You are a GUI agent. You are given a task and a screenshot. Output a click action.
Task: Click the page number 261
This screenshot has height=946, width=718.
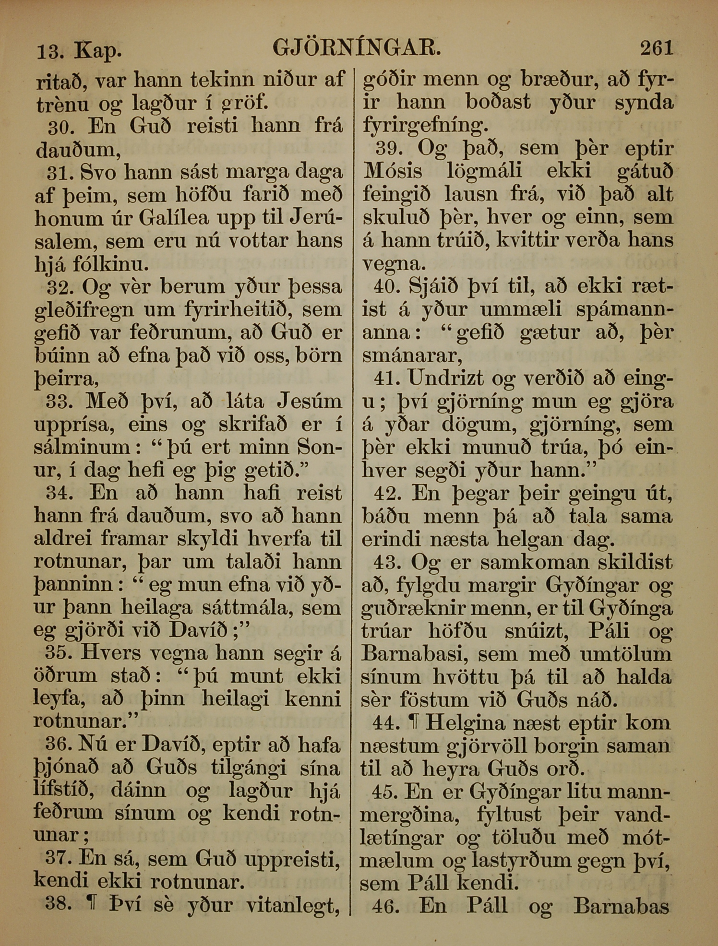tap(657, 48)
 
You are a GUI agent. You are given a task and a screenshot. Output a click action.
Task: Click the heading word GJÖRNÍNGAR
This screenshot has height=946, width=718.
tap(356, 48)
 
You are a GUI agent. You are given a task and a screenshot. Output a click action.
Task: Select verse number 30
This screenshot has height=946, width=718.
tap(60, 127)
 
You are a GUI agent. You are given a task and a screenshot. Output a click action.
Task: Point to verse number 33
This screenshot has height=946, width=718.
tap(59, 401)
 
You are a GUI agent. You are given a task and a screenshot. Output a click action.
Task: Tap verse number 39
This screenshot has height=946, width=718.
tap(389, 149)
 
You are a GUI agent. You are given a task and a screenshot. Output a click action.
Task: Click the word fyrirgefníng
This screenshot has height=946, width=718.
tap(425, 126)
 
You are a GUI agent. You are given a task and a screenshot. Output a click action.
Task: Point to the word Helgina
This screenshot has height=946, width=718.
tap(465, 723)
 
